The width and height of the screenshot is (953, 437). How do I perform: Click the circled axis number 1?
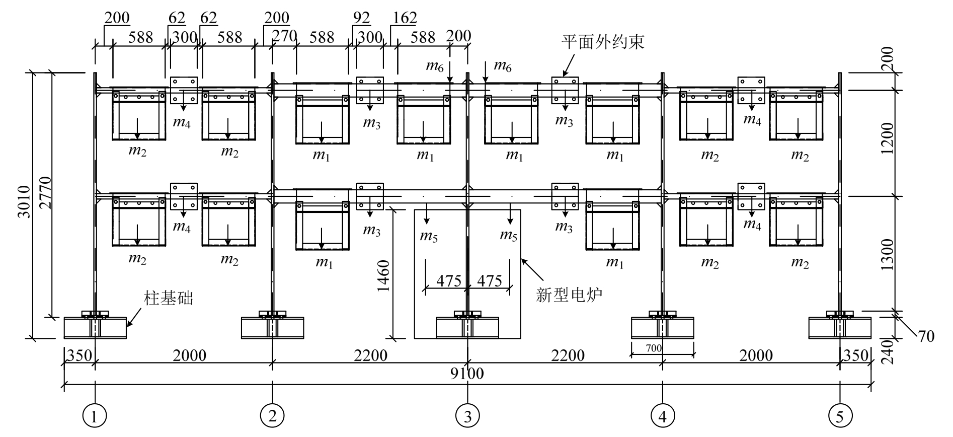pos(95,416)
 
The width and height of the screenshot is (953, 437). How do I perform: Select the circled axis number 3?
pos(467,416)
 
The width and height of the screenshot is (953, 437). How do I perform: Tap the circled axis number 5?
pos(839,416)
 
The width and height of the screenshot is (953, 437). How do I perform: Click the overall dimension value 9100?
pos(467,374)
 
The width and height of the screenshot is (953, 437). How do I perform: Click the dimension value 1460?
pos(384,276)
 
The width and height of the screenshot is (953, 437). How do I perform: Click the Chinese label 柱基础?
pos(169,298)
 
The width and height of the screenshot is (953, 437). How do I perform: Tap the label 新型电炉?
pos(569,294)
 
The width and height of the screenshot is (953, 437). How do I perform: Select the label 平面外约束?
pos(603,42)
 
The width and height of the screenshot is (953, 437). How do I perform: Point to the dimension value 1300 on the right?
pos(888,255)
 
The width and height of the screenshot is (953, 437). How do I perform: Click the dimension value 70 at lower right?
pos(926,336)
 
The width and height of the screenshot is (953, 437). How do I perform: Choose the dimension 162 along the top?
pos(404,18)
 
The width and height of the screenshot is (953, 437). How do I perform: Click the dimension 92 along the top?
pos(361,18)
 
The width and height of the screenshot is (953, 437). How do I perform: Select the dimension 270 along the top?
pos(284,36)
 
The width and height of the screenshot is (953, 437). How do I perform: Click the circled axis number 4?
pos(662,416)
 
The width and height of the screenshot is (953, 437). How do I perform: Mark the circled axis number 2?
pos(272,416)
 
